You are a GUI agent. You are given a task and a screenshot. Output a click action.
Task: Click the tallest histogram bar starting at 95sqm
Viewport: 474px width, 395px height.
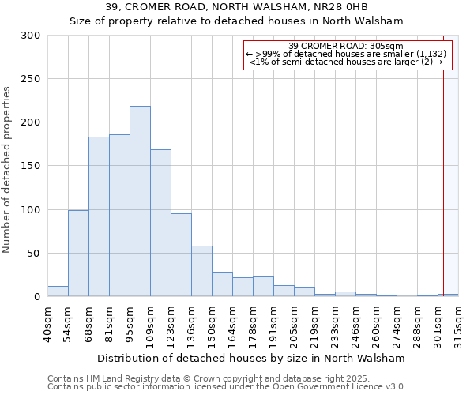click(x=140, y=201)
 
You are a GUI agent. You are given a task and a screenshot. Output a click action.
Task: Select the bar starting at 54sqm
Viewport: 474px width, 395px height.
click(x=78, y=253)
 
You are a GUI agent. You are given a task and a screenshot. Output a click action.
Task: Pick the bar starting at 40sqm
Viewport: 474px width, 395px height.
click(x=58, y=292)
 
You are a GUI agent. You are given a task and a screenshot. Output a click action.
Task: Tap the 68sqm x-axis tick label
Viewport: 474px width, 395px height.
click(x=88, y=322)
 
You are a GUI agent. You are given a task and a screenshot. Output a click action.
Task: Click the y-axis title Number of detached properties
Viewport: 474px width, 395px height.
click(x=8, y=170)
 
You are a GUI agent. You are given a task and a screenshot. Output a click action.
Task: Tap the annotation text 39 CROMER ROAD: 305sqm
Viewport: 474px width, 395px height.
click(x=346, y=45)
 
